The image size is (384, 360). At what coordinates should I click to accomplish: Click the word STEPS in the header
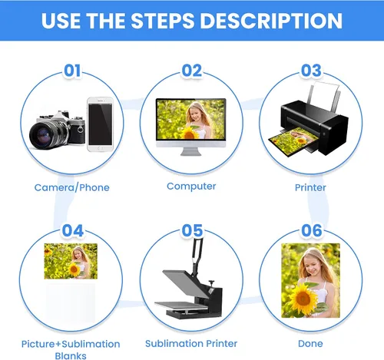[163, 21]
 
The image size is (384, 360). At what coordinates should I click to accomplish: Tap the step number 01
[72, 71]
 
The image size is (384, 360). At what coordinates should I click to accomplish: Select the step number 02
[192, 71]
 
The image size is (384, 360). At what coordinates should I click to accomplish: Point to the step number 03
[311, 71]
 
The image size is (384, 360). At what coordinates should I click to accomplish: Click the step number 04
[73, 230]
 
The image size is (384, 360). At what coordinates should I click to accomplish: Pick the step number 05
[192, 230]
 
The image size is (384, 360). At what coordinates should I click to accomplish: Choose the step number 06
[312, 230]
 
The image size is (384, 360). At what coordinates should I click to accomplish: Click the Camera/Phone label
[72, 187]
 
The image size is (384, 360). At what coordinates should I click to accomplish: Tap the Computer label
[191, 187]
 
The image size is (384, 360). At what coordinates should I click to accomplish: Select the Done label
[310, 343]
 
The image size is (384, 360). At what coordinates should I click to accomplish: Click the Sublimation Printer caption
[191, 343]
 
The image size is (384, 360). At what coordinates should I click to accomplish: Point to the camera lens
[45, 135]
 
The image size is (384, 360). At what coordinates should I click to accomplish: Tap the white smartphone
[100, 124]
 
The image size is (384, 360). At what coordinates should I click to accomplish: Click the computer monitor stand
[191, 151]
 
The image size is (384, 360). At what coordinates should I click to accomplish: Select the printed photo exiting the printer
[293, 141]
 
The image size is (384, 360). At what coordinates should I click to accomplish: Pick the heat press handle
[197, 255]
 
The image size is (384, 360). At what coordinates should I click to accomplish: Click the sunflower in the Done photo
[303, 299]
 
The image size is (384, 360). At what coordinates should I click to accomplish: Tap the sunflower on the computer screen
[190, 134]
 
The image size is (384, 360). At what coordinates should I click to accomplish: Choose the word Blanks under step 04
[71, 356]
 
